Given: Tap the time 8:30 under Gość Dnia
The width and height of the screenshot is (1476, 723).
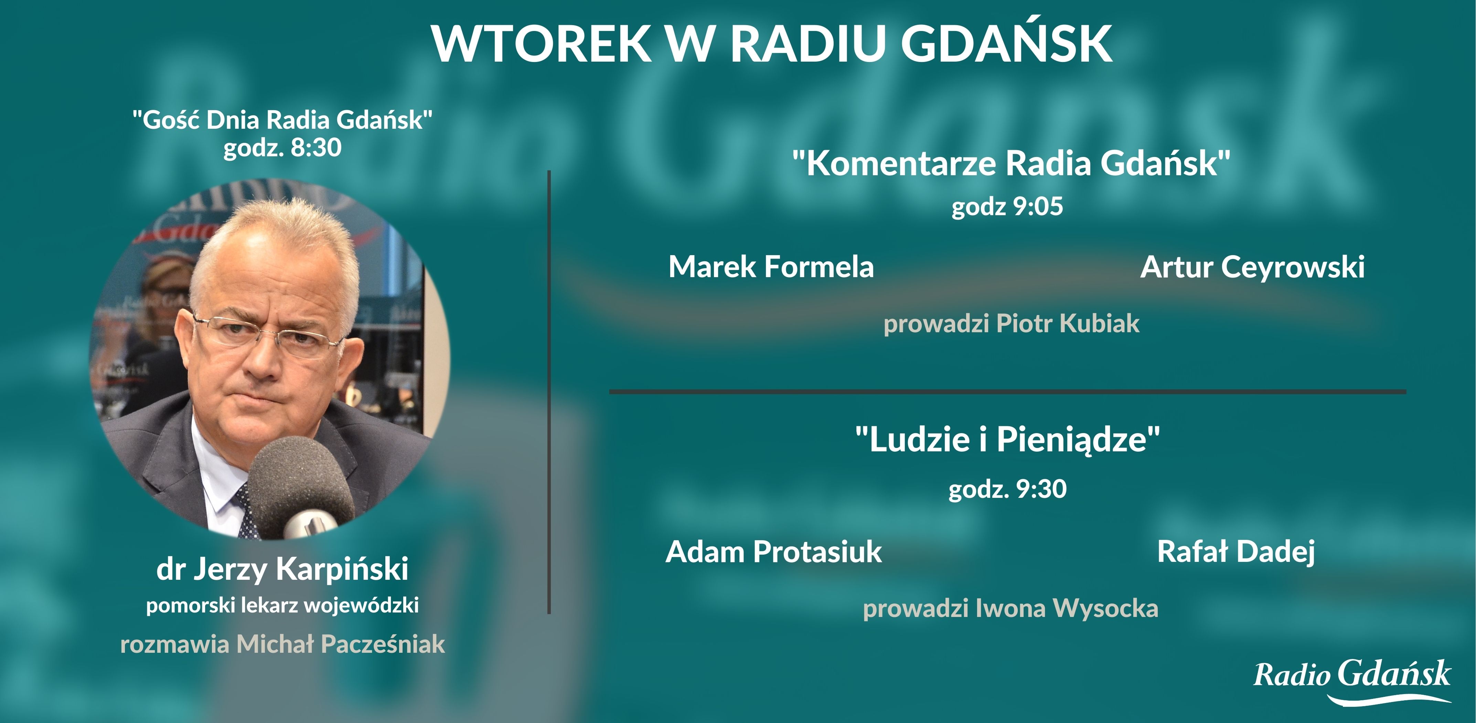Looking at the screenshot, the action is click(x=316, y=147).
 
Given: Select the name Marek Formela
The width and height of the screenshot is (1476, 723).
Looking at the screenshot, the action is click(x=771, y=266).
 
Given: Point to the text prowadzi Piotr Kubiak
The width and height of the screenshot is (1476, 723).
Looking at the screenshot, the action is click(x=1011, y=323).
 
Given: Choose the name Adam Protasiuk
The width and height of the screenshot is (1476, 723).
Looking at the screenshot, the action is click(x=773, y=552).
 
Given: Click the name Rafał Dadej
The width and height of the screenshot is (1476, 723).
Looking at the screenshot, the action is click(x=1236, y=552).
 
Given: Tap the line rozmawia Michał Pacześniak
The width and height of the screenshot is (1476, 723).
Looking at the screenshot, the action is click(x=282, y=644).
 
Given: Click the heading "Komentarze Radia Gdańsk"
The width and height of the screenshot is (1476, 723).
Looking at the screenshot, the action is click(x=1011, y=164).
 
